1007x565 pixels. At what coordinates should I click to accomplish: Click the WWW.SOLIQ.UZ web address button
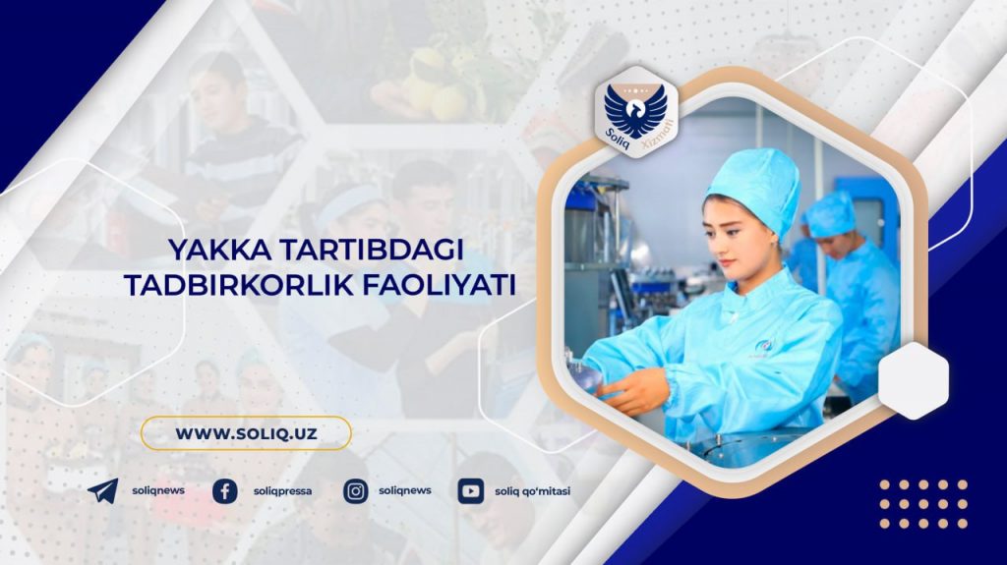tap(246, 432)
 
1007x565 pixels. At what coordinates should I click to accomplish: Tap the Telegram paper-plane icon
tap(102, 491)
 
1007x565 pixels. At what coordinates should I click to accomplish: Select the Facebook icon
tap(225, 492)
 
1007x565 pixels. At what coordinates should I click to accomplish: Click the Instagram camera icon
tap(355, 492)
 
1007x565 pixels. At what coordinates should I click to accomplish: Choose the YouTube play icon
tap(471, 492)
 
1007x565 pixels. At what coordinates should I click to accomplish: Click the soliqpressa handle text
tap(282, 492)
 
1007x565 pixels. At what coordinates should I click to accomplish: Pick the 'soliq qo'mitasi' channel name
tap(532, 492)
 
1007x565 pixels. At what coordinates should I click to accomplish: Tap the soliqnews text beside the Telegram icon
tap(158, 490)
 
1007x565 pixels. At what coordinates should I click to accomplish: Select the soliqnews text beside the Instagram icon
tap(404, 490)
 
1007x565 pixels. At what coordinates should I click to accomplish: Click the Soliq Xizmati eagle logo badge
tap(636, 113)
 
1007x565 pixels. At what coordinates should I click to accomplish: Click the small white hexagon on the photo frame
tap(914, 380)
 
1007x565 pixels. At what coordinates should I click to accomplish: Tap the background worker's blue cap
tap(831, 214)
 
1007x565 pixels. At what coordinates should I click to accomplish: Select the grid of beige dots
tap(923, 504)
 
